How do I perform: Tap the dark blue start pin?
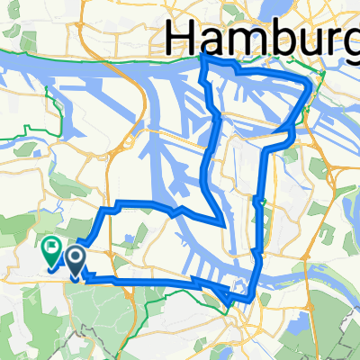[75, 261]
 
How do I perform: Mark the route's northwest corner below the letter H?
[204, 58]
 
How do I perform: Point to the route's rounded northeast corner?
[310, 85]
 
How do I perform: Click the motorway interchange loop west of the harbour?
[131, 142]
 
